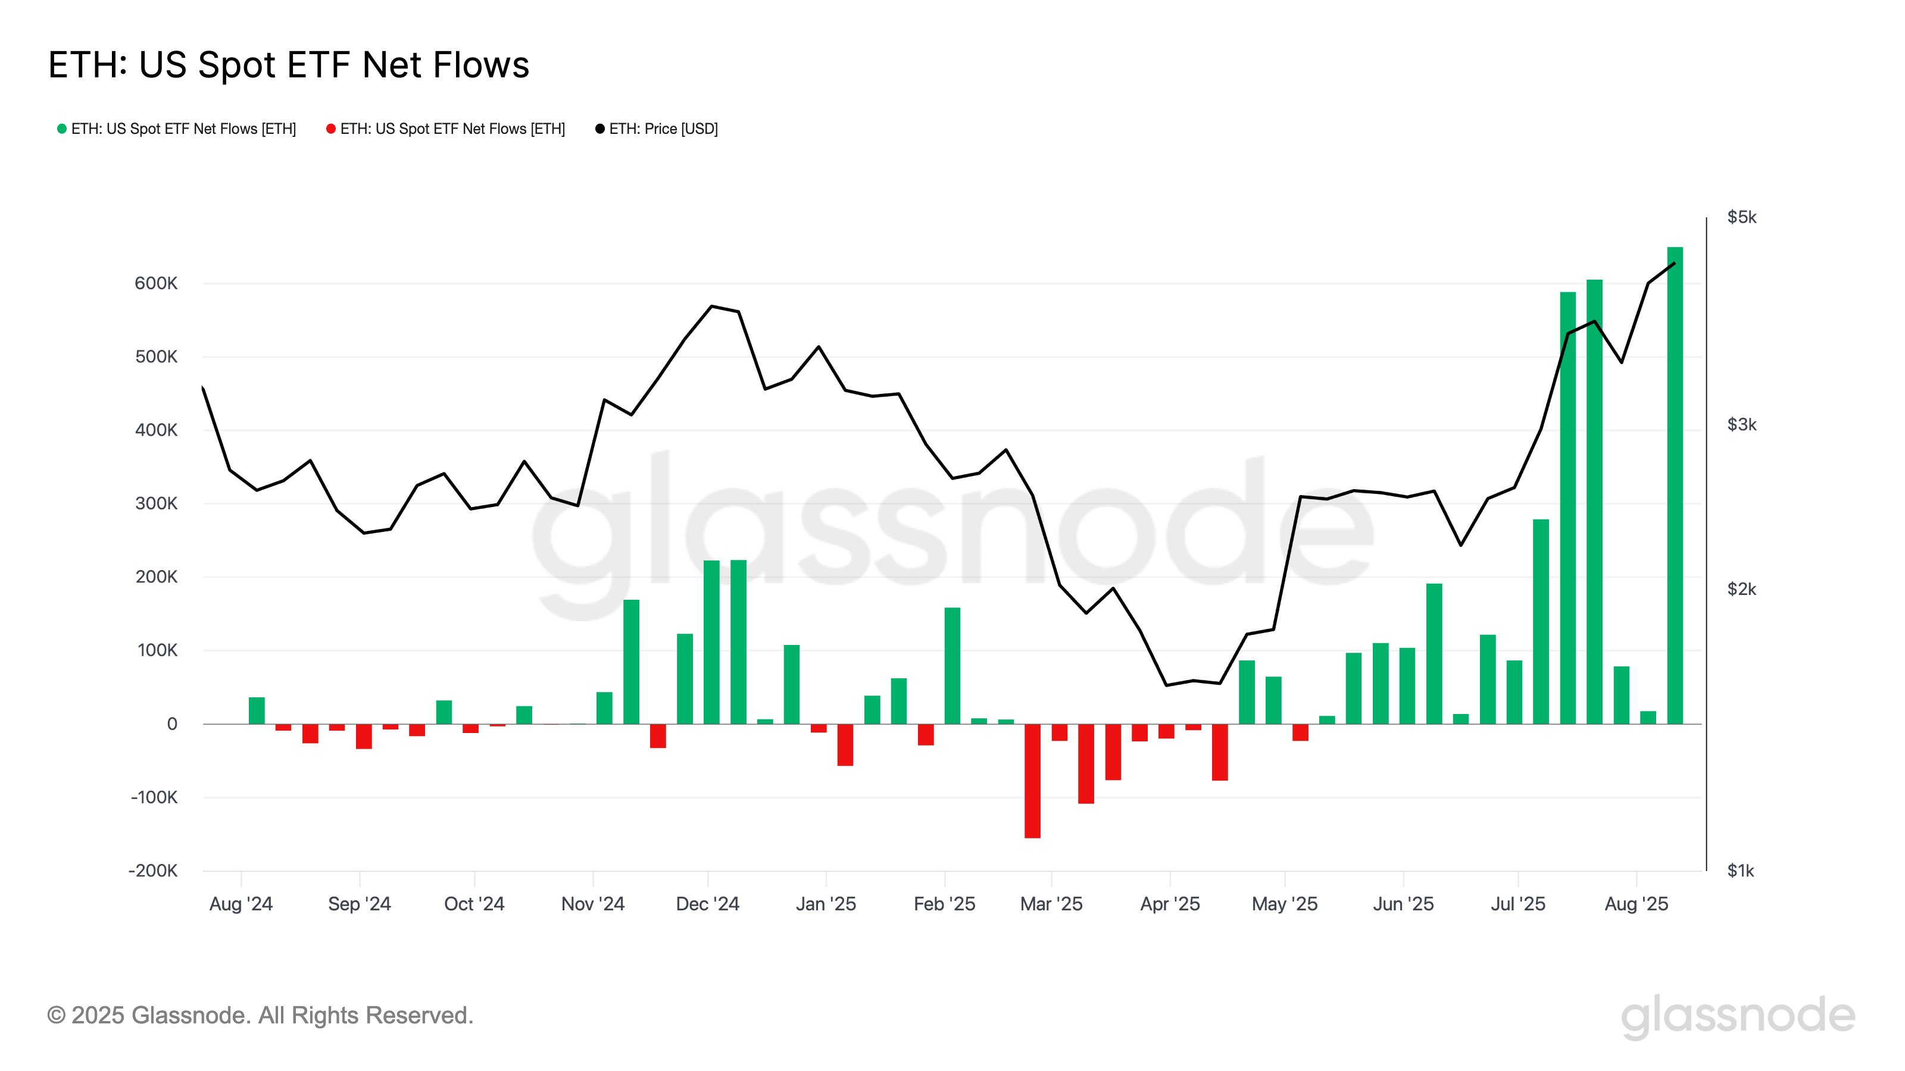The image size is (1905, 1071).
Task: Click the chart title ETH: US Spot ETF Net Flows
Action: click(x=288, y=64)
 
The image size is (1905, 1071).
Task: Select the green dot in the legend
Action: click(x=62, y=129)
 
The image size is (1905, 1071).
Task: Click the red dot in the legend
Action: click(x=330, y=129)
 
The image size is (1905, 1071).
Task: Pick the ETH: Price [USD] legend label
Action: click(x=663, y=129)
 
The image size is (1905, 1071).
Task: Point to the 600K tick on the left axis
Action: click(x=156, y=283)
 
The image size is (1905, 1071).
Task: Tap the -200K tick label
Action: click(x=153, y=870)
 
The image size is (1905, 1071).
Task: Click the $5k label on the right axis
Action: click(x=1741, y=217)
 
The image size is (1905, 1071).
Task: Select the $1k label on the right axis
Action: click(x=1740, y=870)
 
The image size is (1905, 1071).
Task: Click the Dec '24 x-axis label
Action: click(x=707, y=904)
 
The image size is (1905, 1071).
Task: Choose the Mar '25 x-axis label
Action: click(x=1051, y=904)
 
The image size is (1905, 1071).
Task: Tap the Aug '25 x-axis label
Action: click(x=1636, y=904)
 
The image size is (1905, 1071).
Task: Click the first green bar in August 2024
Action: click(x=257, y=710)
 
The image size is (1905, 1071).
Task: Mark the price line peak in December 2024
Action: click(x=711, y=306)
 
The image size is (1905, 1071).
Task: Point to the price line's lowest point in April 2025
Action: click(x=1166, y=685)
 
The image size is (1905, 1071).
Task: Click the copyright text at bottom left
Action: click(x=260, y=1016)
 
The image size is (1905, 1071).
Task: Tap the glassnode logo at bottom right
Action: click(x=1738, y=1017)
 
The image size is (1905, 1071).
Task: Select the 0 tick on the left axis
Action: click(x=171, y=724)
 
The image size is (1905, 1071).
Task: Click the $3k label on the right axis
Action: click(x=1741, y=424)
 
